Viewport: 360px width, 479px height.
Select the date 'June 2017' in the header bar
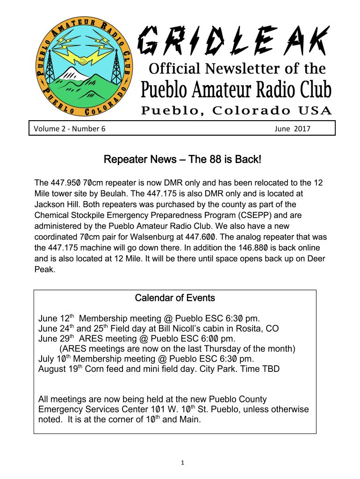click(293, 128)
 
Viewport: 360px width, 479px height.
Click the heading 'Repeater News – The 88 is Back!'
click(182, 160)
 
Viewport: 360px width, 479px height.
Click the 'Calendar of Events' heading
click(175, 298)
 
